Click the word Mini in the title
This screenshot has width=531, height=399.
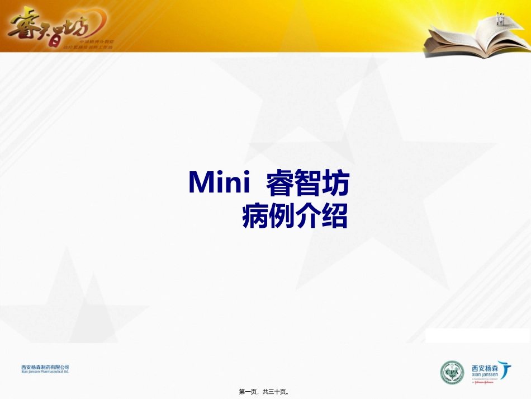[x=216, y=183]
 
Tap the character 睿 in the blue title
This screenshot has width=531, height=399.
[x=280, y=183]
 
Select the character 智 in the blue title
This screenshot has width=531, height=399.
[x=308, y=183]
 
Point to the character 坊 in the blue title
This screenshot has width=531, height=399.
[x=335, y=183]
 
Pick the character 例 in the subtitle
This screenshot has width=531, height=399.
[x=282, y=215]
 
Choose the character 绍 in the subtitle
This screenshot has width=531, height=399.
[x=335, y=215]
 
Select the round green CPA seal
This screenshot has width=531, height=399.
[x=452, y=372]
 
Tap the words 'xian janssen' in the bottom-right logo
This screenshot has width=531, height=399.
[x=485, y=376]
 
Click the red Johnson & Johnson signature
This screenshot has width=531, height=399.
[x=487, y=383]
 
